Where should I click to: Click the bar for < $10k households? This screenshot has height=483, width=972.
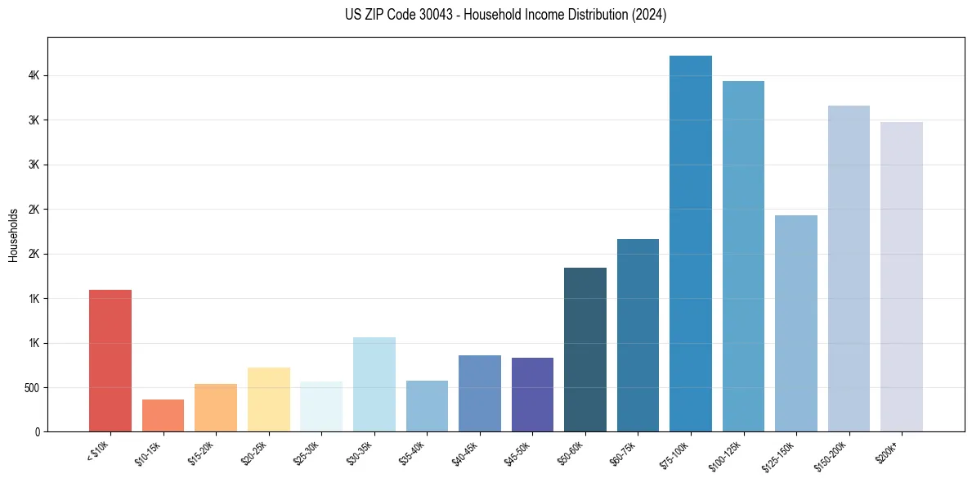click(110, 360)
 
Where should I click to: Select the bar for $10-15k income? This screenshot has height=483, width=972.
click(163, 415)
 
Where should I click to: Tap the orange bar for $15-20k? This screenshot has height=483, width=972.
click(216, 408)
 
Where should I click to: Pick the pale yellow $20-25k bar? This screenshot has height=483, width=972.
click(268, 399)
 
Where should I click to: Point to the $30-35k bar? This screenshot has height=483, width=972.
click(374, 384)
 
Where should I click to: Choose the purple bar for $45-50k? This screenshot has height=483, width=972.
click(532, 395)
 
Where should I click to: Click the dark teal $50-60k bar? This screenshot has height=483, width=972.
click(585, 350)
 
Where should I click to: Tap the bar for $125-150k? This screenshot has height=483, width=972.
click(795, 323)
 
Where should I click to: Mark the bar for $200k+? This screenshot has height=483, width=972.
click(901, 277)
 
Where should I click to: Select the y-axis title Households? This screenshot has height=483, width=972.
click(13, 235)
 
